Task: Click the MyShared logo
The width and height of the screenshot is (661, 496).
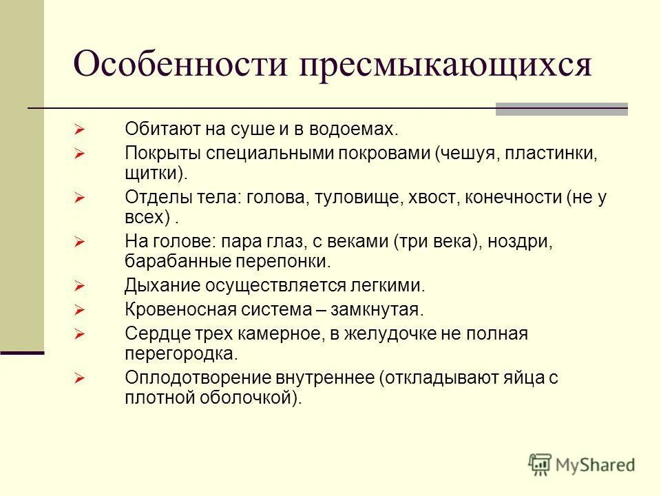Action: click(582, 464)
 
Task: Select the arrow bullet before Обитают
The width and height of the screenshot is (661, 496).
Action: click(80, 130)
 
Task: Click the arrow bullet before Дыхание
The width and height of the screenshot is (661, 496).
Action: click(80, 285)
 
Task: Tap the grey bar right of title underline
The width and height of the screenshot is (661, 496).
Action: click(562, 109)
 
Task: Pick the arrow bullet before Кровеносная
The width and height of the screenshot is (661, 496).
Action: click(80, 310)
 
